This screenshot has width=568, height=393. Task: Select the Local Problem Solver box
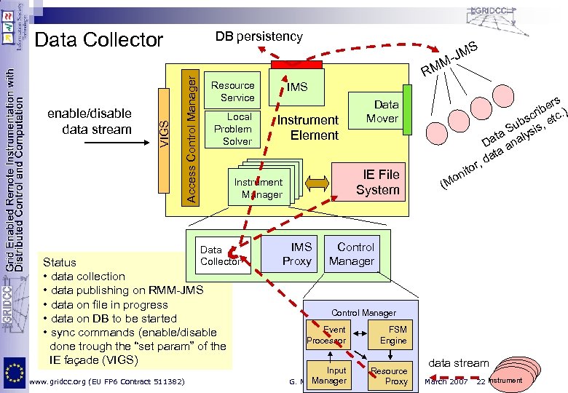[237, 129]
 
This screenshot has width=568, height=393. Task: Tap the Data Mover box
[382, 111]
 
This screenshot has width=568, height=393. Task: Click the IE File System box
[376, 181]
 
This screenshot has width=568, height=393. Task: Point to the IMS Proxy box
[296, 254]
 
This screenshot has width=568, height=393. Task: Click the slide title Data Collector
[99, 40]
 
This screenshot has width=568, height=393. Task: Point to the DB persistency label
[259, 36]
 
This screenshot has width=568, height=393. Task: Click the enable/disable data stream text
[89, 122]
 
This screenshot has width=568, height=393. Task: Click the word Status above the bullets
[60, 262]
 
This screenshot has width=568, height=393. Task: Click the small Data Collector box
[220, 255]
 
